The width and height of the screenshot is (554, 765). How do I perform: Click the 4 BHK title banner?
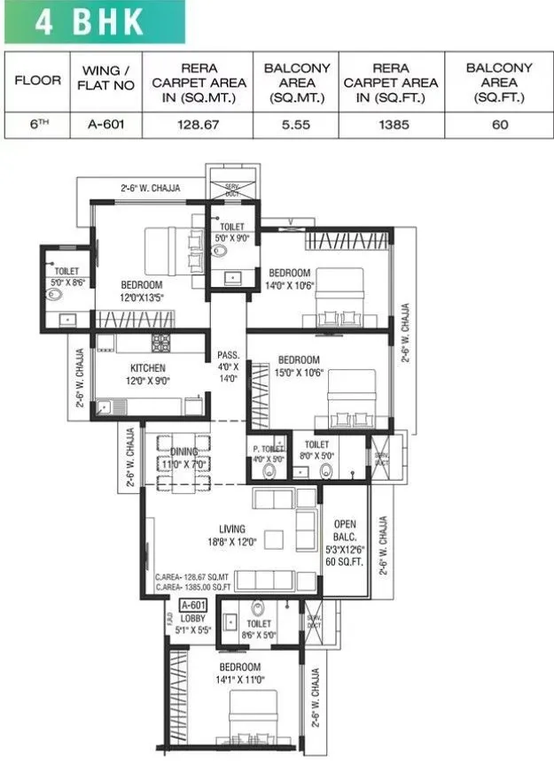point(92,22)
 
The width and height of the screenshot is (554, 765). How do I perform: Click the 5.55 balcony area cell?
point(297,125)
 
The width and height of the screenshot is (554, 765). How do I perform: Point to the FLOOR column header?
point(38,81)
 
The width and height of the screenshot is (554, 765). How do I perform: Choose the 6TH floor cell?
point(38,125)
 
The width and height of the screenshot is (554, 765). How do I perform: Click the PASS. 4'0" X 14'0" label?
point(228,366)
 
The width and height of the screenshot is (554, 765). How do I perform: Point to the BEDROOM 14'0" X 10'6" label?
point(290,278)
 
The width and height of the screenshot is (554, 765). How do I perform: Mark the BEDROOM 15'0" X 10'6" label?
point(299,366)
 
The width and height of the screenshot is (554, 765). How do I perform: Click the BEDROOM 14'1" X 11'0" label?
point(236,673)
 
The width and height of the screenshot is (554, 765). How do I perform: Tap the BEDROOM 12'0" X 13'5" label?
point(142,290)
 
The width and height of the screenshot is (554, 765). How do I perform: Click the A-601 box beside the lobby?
point(192,607)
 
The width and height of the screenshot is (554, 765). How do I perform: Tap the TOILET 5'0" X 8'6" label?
point(67,276)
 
